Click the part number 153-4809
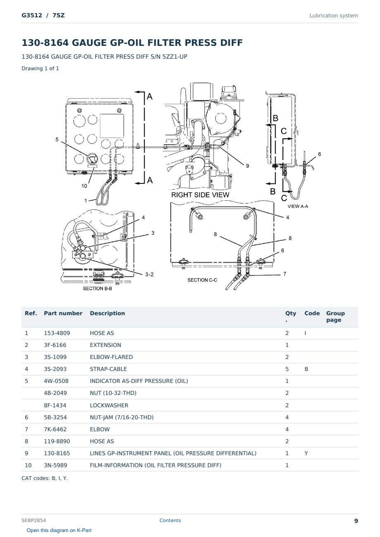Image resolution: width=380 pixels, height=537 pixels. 57,333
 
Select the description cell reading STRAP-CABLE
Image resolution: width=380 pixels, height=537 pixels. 108,369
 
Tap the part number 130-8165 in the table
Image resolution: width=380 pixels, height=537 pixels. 57,453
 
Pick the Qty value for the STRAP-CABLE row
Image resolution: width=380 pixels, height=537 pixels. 287,369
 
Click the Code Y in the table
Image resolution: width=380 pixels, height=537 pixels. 306,453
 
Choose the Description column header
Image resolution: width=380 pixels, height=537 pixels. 107,313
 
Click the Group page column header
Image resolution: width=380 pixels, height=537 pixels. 335,316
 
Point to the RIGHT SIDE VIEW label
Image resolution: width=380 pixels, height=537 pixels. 200,195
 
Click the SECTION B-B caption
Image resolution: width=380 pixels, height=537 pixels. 97,288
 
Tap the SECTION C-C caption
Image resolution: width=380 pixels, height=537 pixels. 202,280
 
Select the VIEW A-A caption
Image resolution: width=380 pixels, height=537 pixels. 298,206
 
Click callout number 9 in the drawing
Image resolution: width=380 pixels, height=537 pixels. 247,166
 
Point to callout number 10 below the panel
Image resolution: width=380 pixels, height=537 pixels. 84,186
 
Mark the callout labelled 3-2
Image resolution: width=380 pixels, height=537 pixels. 150,275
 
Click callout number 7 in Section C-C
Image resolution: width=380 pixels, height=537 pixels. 285,274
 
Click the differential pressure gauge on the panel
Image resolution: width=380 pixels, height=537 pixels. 92,159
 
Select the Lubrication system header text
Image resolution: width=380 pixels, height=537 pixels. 334,16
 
